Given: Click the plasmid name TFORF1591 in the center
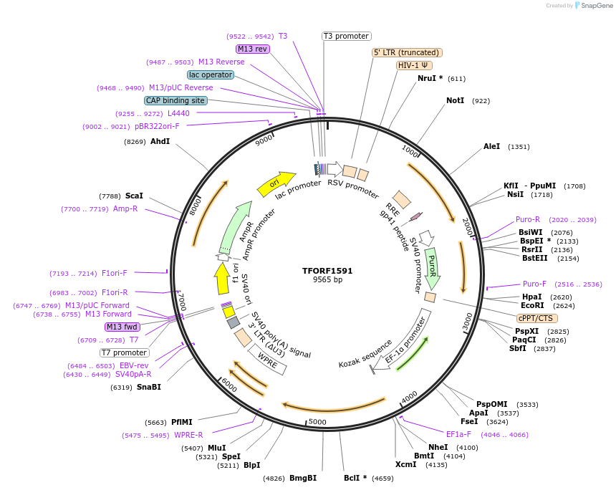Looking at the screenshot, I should click(x=327, y=271).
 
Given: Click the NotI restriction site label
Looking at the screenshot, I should click(x=456, y=101).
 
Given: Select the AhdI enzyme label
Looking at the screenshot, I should click(x=160, y=141).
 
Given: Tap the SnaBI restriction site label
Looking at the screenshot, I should click(x=149, y=387).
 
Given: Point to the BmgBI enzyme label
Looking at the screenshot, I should click(x=303, y=478).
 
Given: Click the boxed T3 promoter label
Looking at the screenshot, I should click(x=346, y=36).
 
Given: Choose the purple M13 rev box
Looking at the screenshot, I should click(x=253, y=49).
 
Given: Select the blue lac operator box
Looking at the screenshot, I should click(x=211, y=75).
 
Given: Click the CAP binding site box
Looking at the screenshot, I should click(x=175, y=100).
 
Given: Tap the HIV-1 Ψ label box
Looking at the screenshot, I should click(x=414, y=65).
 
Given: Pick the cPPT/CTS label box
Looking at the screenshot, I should click(x=536, y=318).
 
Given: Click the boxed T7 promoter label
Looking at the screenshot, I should click(x=125, y=352).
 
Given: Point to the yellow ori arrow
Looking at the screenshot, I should click(x=276, y=183).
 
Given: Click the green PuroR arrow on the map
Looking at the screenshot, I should click(x=432, y=264).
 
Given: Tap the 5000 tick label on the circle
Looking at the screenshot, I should click(x=317, y=422).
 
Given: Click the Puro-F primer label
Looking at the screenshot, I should click(x=534, y=284).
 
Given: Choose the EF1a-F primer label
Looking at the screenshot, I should click(x=458, y=434).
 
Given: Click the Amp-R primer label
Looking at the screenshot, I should click(x=125, y=208).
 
